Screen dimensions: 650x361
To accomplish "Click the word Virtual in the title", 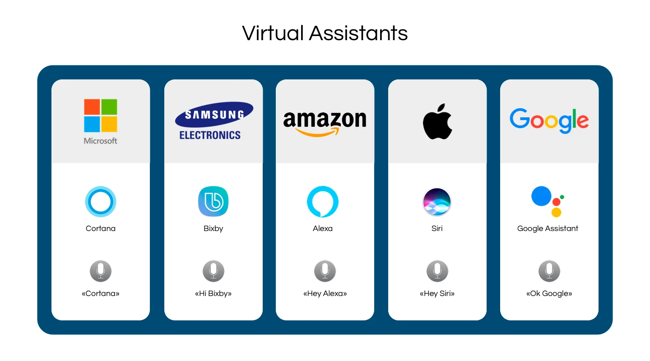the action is click(x=273, y=33).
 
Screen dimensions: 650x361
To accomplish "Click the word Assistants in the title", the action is click(x=358, y=33).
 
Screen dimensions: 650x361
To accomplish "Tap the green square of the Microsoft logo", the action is click(x=109, y=107).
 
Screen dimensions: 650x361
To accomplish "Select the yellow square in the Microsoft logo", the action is click(x=109, y=124).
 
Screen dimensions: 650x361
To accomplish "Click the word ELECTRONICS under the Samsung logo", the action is click(x=210, y=135).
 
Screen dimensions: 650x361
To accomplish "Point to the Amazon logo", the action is click(x=325, y=123).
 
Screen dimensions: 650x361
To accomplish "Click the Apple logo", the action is click(x=437, y=121).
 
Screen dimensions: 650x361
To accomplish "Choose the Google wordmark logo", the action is click(x=549, y=121).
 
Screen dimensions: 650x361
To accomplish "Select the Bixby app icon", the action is click(x=213, y=201).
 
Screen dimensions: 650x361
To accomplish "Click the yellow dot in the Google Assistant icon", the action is click(x=556, y=212).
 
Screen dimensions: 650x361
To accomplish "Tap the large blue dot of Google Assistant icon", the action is click(x=541, y=196).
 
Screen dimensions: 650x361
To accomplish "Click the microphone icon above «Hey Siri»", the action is click(x=437, y=271).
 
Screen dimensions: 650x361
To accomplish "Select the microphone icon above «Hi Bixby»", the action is click(x=213, y=271).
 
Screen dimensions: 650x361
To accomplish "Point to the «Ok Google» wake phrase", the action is click(x=549, y=294).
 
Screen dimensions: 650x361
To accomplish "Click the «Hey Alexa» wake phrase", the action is click(x=325, y=294).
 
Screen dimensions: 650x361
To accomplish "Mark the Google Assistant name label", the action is click(x=548, y=229).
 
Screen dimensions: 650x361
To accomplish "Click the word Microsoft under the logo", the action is click(x=100, y=141).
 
